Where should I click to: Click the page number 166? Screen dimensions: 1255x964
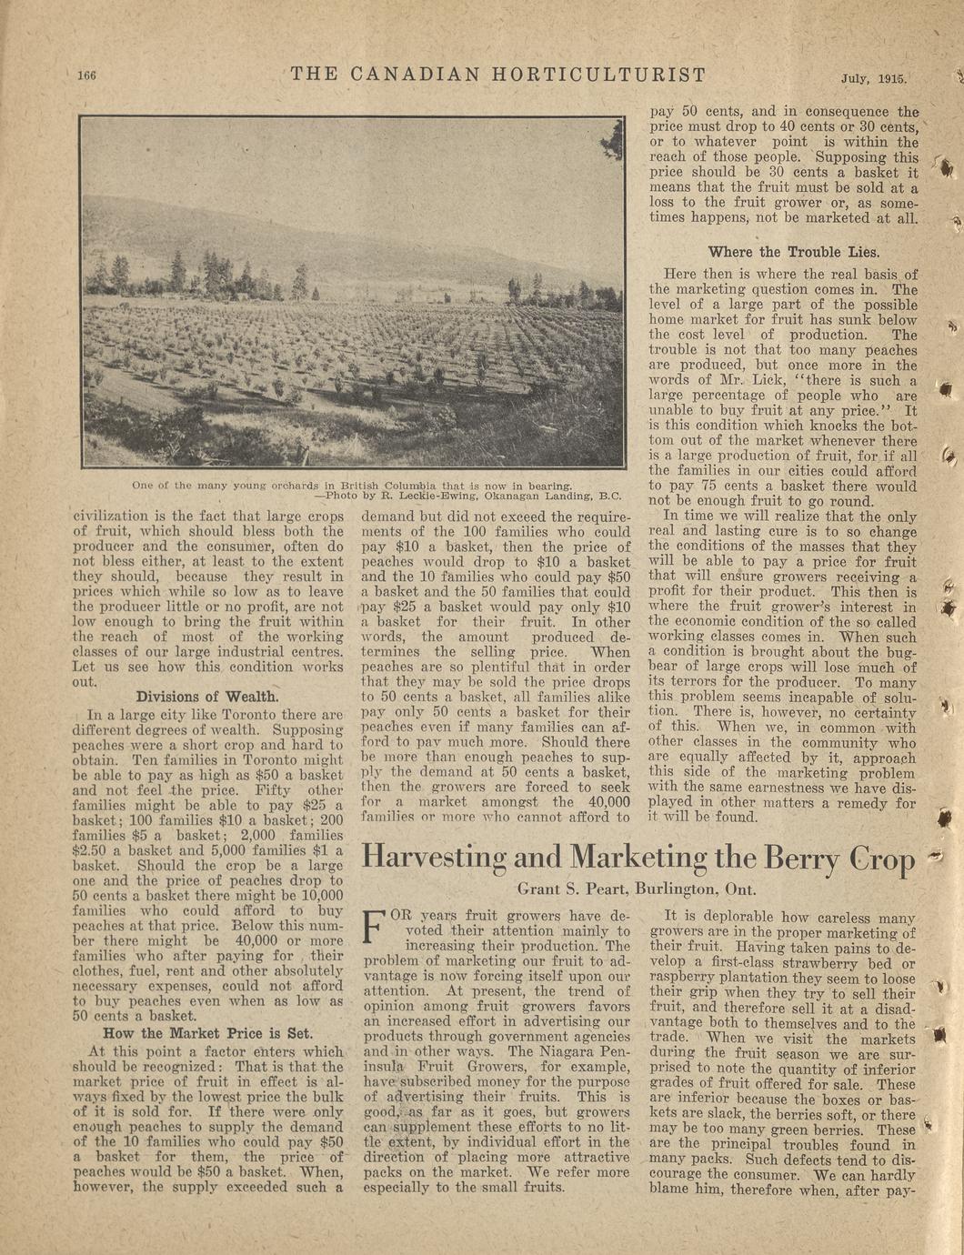86,75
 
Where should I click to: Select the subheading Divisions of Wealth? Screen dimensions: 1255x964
207,697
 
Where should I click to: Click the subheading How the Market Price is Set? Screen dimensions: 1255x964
207,1033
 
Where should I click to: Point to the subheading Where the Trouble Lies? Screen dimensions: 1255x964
794,252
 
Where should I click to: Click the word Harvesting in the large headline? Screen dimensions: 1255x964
434,858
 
